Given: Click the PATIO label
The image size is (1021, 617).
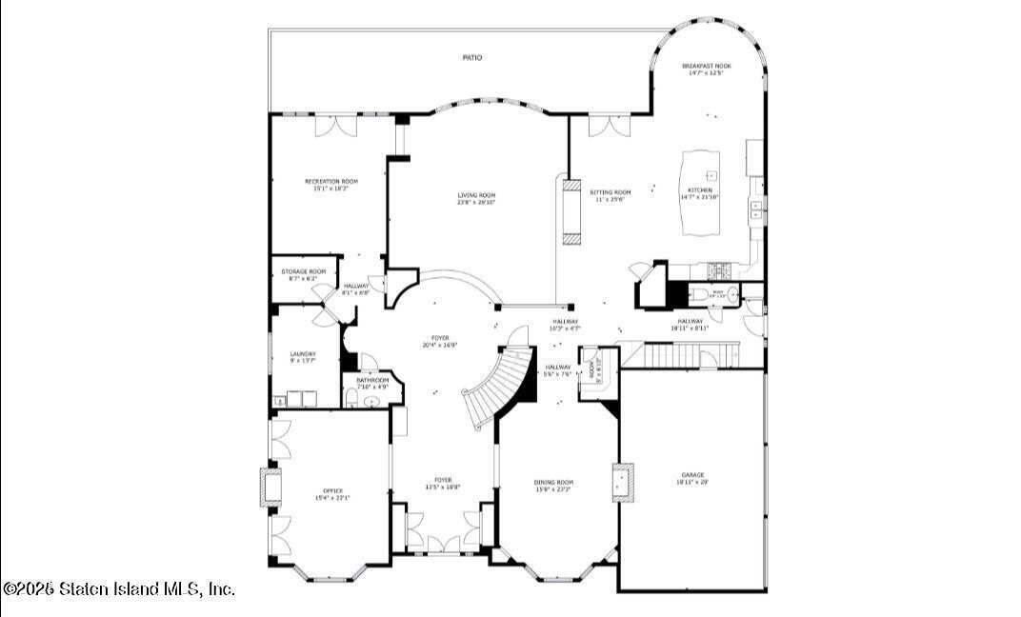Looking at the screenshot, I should click(471, 58).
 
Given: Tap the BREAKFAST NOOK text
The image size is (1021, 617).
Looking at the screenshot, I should click(707, 66).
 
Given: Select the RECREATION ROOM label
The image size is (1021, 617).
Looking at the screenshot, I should click(330, 181).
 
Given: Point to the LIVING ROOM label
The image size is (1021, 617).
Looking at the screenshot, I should click(476, 195).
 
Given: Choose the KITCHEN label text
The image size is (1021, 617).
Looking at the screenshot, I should click(700, 190).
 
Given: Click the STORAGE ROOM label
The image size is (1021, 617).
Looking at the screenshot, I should click(303, 271).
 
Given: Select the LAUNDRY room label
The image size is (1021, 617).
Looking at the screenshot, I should click(303, 354).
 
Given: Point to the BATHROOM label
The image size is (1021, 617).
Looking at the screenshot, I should click(372, 381).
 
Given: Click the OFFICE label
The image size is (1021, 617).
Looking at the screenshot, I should click(332, 490).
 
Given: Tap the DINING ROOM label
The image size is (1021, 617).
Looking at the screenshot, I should click(553, 482).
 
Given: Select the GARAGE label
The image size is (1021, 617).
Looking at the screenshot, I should click(691, 475).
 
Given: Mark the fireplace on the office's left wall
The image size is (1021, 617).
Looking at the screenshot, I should click(270, 487).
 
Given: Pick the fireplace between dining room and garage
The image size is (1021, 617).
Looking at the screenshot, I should click(623, 483).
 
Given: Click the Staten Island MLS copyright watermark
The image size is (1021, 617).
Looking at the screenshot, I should click(118, 589).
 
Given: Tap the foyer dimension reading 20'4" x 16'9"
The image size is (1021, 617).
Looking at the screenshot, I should click(440, 345).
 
